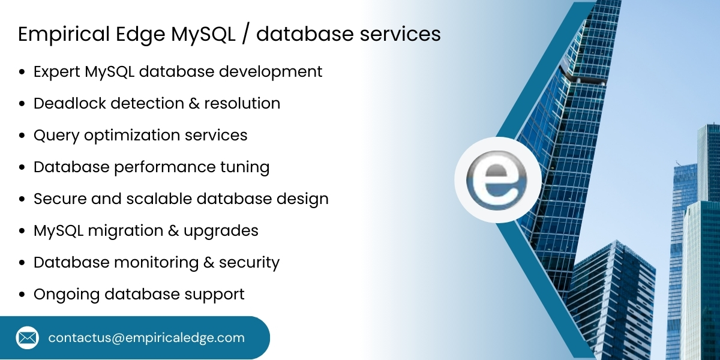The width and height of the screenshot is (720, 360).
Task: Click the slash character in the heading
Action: [245, 34]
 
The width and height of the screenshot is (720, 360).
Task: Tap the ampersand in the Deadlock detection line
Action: [194, 103]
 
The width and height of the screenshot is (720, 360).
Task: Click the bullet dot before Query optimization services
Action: [22, 136]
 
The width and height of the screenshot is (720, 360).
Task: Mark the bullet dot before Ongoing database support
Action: [22, 295]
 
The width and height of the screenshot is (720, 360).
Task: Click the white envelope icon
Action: [27, 338]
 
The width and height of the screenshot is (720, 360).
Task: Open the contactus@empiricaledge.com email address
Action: [146, 338]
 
